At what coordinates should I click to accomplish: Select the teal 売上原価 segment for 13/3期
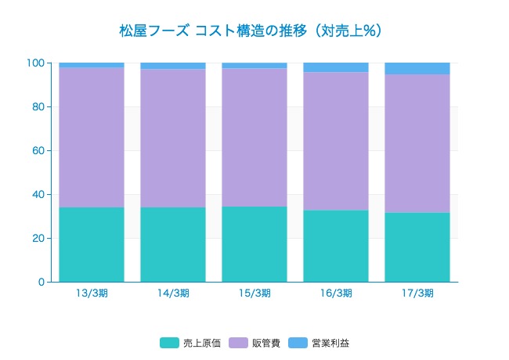92,244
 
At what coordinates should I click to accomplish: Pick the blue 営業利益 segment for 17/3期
417,68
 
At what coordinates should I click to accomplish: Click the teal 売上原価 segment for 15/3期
254,243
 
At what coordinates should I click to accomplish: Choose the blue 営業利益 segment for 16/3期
336,67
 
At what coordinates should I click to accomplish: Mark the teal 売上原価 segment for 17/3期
417,247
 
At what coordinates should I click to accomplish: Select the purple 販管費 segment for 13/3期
92,137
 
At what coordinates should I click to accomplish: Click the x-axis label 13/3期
92,293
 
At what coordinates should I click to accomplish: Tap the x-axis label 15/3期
254,293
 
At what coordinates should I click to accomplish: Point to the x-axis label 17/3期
417,293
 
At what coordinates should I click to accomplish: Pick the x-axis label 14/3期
173,293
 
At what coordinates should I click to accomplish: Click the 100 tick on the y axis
36,63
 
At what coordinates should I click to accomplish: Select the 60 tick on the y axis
38,151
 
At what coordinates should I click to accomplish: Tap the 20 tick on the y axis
38,239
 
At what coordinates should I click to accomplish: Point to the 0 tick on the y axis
41,282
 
